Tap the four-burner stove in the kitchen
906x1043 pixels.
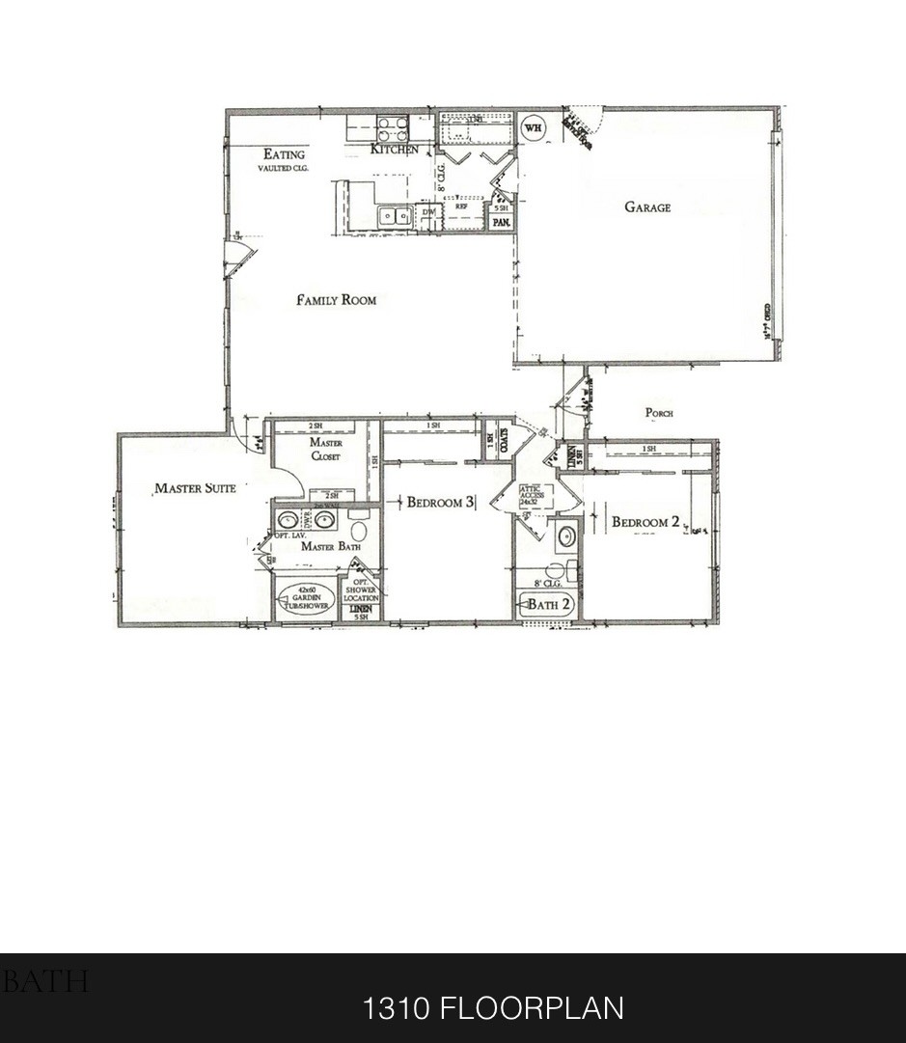[x=392, y=127]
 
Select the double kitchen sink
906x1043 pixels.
[x=395, y=215]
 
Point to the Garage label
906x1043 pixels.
[x=646, y=206]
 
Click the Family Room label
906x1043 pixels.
[x=336, y=300]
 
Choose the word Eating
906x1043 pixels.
[x=284, y=154]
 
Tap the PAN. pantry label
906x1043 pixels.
[x=501, y=222]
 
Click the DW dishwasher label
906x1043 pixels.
[x=429, y=213]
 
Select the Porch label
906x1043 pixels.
[x=659, y=413]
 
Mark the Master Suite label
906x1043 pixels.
[x=195, y=488]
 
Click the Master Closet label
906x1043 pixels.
[x=326, y=450]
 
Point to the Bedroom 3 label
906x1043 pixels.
[x=440, y=502]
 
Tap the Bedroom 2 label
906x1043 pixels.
[x=645, y=522]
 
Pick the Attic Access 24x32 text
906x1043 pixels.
[x=533, y=496]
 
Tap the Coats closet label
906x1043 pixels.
[x=503, y=440]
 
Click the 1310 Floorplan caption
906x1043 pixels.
[x=492, y=1008]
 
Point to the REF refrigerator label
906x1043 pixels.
[x=461, y=206]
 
